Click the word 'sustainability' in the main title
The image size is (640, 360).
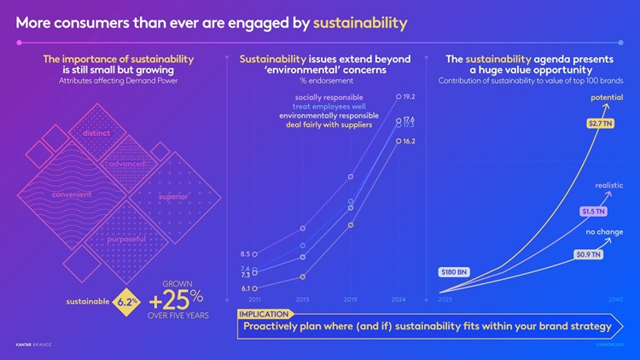(x=359, y=20)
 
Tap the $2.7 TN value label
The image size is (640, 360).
(x=600, y=125)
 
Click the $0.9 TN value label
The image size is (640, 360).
(x=588, y=254)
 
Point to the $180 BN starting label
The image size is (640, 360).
(x=454, y=272)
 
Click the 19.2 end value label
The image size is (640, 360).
(x=409, y=97)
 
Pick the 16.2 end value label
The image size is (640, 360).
(x=409, y=141)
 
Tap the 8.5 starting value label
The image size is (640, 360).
(x=245, y=253)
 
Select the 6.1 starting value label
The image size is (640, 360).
(x=245, y=288)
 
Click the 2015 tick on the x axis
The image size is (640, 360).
(x=302, y=300)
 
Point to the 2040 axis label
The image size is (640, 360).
(x=615, y=300)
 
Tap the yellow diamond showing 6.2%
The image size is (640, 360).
(x=127, y=302)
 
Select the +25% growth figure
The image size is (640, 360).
(x=176, y=300)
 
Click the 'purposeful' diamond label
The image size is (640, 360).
(x=126, y=239)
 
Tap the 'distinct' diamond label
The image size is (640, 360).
(x=99, y=134)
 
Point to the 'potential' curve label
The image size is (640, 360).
(x=606, y=98)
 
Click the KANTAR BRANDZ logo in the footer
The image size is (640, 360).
(x=34, y=345)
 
